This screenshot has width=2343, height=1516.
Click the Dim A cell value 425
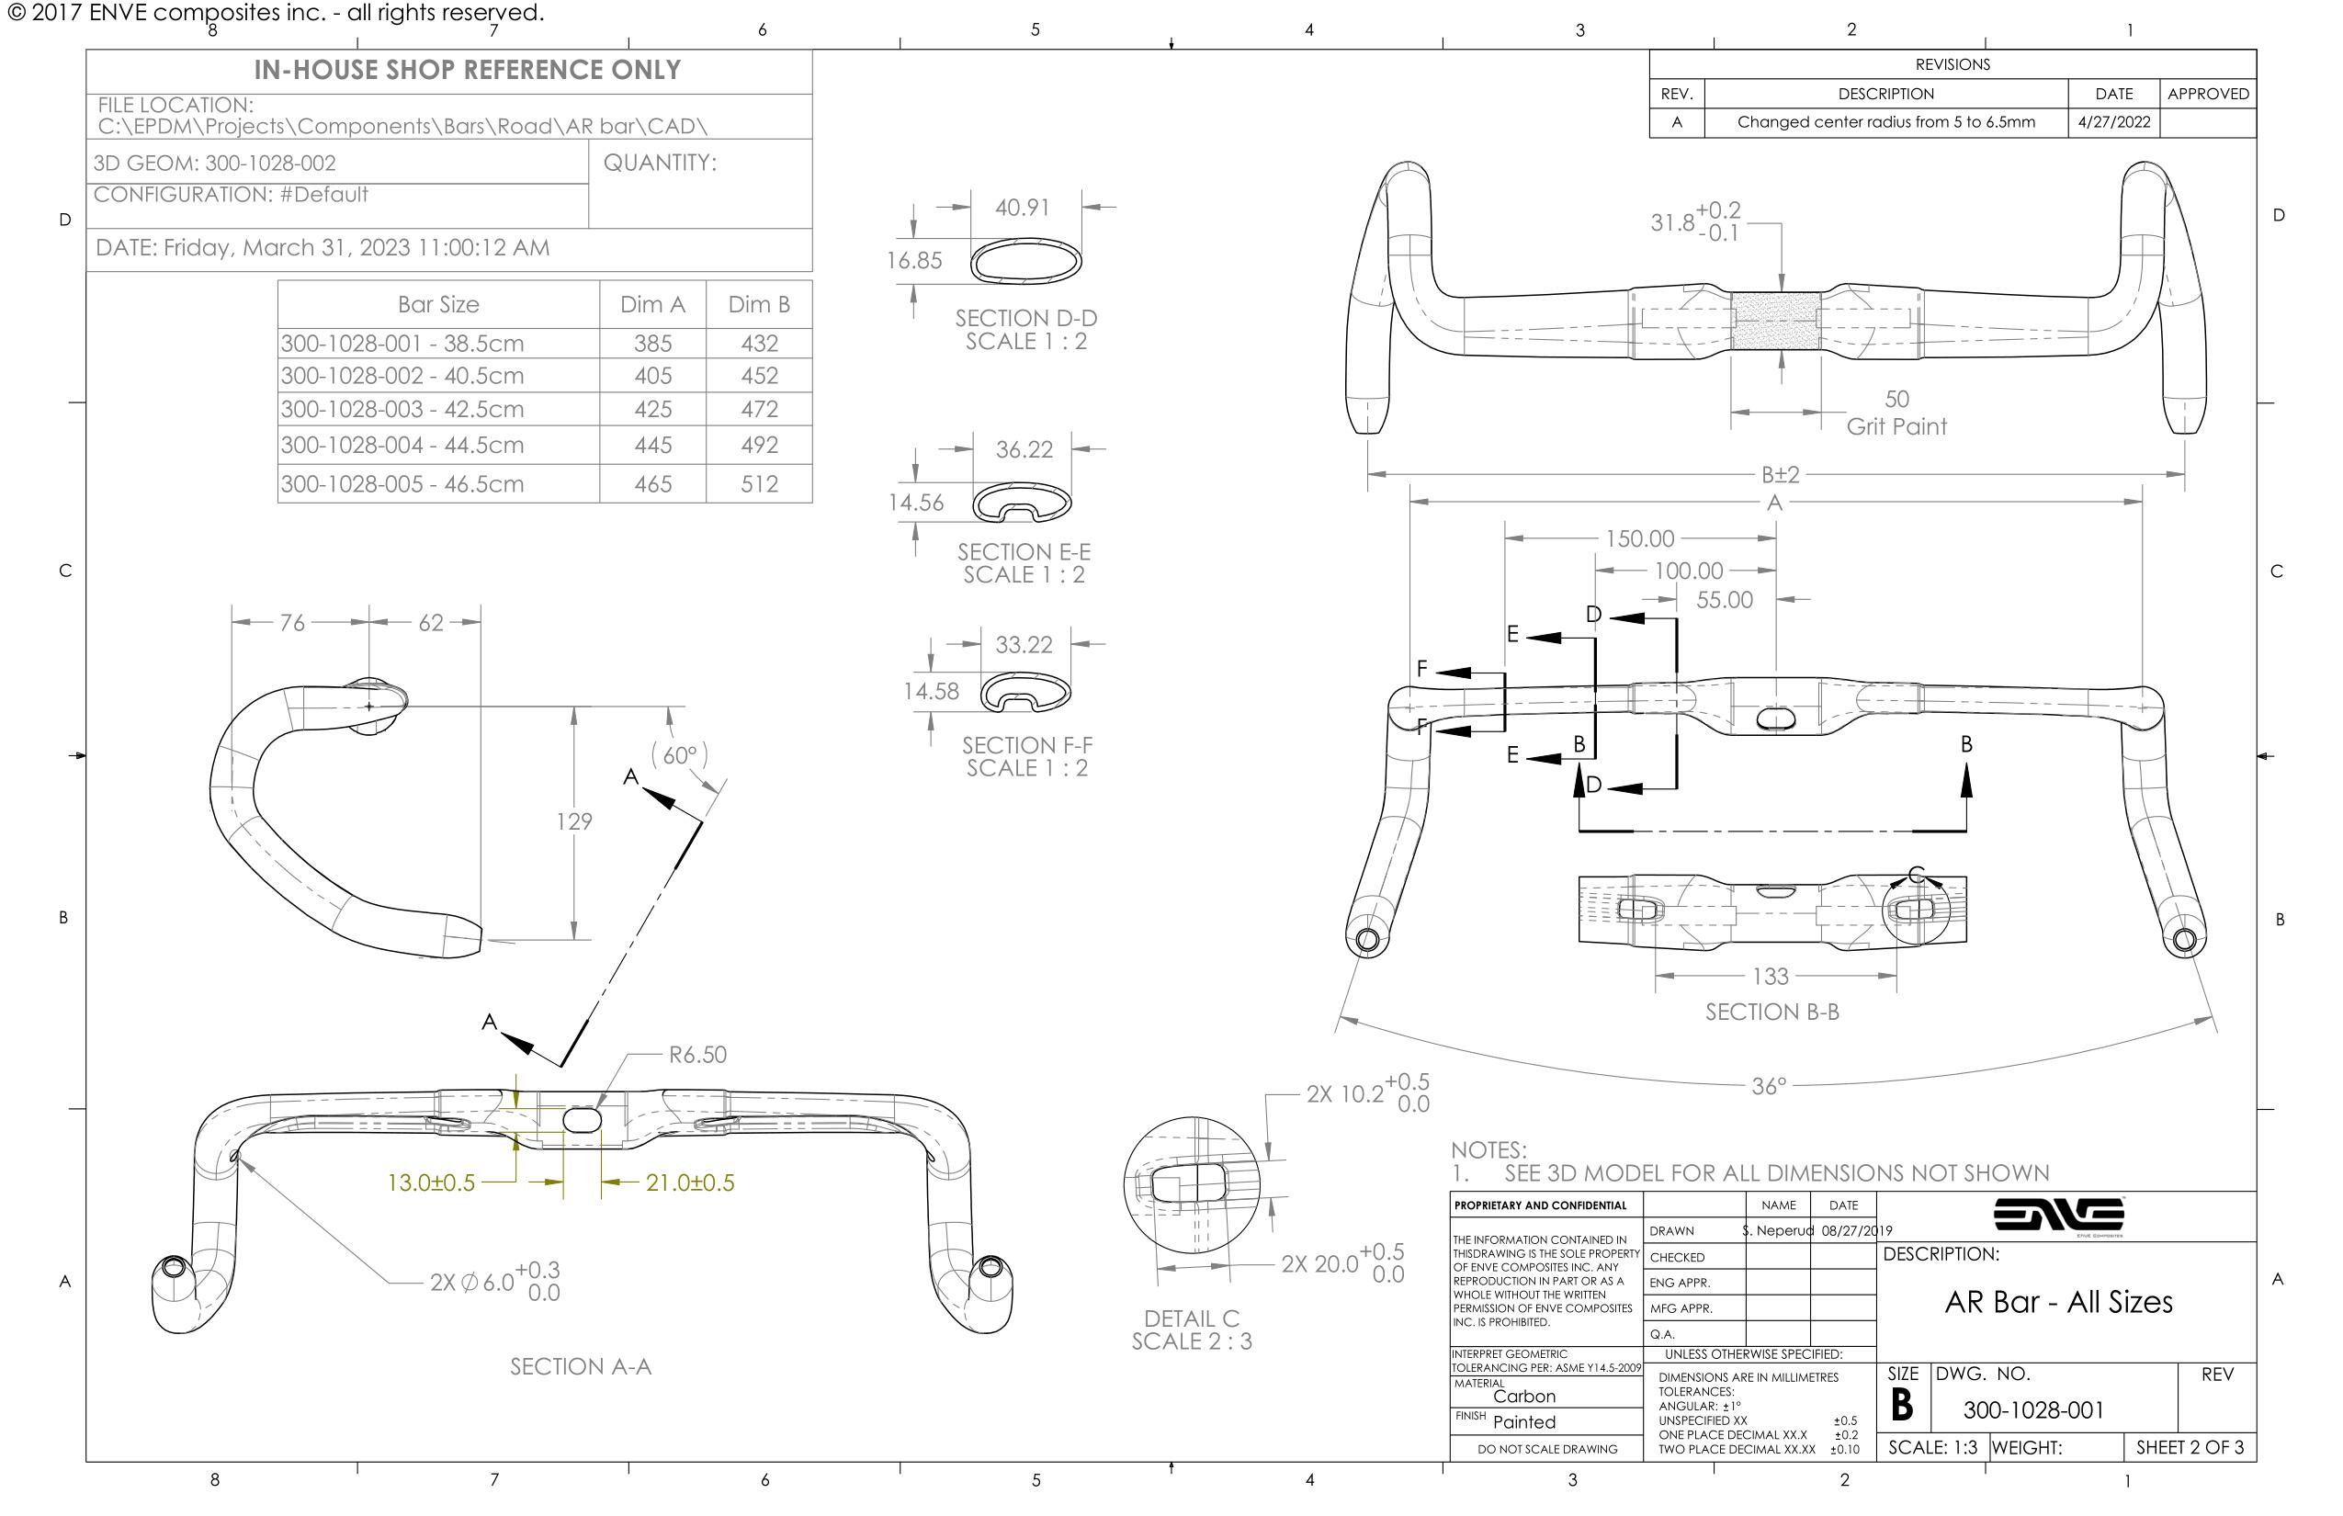(652, 410)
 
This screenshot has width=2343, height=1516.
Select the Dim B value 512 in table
(759, 484)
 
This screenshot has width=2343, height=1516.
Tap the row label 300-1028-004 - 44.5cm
(402, 445)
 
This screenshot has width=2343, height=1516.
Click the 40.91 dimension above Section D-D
(1022, 208)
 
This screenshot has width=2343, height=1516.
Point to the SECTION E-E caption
(1024, 552)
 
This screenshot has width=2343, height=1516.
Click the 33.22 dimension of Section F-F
(1024, 645)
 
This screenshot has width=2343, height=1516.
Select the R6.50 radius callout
(697, 1056)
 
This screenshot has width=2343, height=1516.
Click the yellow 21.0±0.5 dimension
(689, 1183)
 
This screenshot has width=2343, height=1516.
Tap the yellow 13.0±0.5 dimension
(431, 1183)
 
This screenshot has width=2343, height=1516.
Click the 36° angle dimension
(1768, 1087)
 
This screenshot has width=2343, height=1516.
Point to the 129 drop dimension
(574, 822)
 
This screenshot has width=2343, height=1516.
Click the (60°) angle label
(679, 755)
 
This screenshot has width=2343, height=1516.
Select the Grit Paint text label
(1896, 427)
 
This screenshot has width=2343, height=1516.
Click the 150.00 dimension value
(1639, 539)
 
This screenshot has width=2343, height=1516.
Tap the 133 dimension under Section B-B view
(1770, 977)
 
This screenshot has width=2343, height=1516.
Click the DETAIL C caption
(1191, 1319)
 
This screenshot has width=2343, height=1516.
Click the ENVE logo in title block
(2058, 1216)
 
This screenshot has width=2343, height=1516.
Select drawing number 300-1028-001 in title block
(2032, 1410)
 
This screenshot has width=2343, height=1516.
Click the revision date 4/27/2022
(2112, 123)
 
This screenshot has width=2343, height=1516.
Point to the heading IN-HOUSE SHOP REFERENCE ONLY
(467, 71)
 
